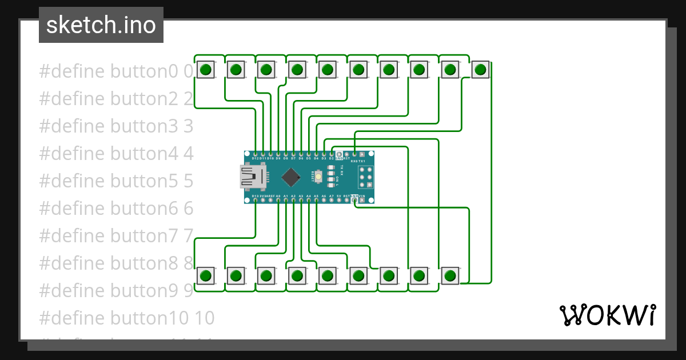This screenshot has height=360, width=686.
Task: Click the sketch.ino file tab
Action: click(x=101, y=25)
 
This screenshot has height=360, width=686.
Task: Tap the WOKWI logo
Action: click(x=607, y=315)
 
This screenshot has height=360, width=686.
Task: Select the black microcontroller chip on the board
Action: click(x=292, y=177)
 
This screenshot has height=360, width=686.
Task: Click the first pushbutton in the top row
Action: click(x=206, y=70)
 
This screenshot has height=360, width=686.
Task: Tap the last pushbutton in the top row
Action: click(x=480, y=70)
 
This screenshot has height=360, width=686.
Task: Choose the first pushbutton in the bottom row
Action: click(x=206, y=276)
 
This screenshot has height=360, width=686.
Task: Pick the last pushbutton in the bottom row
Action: click(x=450, y=276)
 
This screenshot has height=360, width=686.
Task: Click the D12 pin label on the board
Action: click(x=255, y=158)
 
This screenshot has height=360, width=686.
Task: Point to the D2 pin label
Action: click(x=331, y=158)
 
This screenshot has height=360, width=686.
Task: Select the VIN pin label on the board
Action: click(x=361, y=195)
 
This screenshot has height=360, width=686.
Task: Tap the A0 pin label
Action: click(x=278, y=196)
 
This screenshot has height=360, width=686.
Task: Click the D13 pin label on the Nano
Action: click(x=255, y=196)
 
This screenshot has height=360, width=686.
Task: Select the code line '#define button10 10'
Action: click(x=126, y=318)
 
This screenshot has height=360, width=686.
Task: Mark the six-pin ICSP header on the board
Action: click(x=366, y=178)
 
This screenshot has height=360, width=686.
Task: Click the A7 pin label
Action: click(x=331, y=196)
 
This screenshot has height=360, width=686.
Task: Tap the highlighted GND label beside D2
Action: click(x=339, y=158)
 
